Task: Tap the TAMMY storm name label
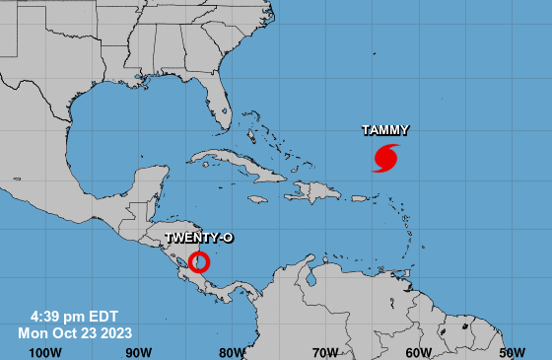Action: coord(385,130)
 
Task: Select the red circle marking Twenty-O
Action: coord(199,262)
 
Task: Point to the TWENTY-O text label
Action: coord(197,238)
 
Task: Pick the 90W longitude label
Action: coord(139,352)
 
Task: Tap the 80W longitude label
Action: coord(233,352)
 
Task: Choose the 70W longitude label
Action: coord(326,352)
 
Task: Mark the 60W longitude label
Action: coord(419,352)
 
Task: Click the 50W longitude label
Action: coord(512,352)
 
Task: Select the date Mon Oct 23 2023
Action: coord(75,333)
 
